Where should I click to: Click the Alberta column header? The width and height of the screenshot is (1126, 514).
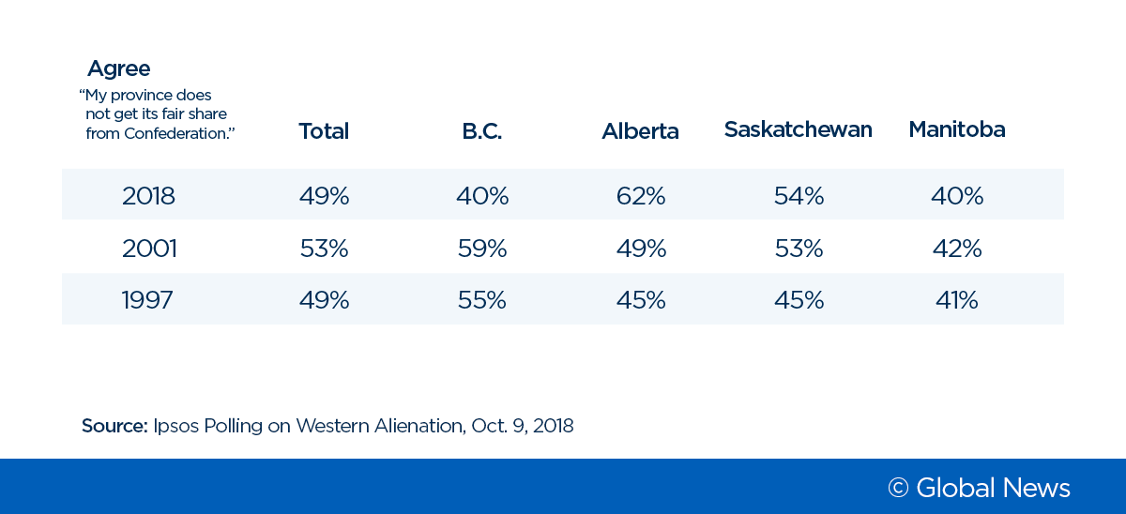640,131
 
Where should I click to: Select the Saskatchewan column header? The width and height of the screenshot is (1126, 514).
798,129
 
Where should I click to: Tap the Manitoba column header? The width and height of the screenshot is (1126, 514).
956,129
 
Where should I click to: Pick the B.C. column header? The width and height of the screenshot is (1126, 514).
481,131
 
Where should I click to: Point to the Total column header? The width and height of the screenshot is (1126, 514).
324,131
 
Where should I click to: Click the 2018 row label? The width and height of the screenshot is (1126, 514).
148,196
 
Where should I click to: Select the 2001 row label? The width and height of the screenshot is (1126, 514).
148,249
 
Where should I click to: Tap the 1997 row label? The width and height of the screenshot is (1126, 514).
147,300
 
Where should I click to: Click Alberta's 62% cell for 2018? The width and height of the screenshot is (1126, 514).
641,196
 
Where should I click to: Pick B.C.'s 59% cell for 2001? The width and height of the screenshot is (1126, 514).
481,249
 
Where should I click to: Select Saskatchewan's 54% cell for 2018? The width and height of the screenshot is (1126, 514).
799,196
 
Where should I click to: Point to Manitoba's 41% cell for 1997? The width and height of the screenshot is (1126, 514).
956,300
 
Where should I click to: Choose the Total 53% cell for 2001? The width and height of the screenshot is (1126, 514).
324,249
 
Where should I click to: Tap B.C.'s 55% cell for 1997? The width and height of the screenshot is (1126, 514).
481,300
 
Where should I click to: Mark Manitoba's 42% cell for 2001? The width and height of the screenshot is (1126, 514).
957,249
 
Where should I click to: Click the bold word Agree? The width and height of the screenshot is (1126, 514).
118,68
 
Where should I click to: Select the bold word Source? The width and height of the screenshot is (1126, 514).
114,426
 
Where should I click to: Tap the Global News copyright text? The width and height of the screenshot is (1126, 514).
979,488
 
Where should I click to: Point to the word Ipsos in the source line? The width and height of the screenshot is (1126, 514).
175,426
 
